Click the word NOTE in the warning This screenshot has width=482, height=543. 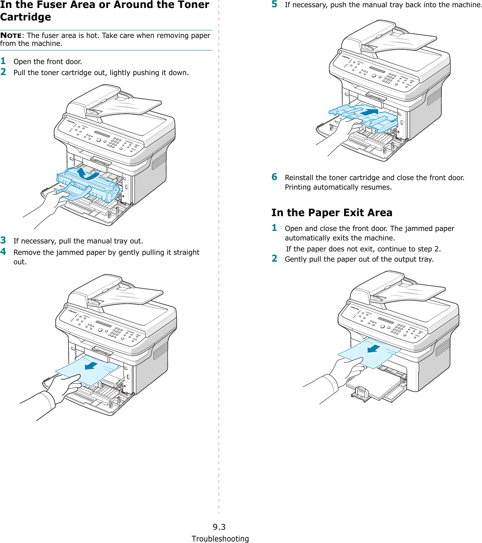pyautogui.click(x=11, y=36)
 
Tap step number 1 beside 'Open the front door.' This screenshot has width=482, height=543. pyautogui.click(x=3, y=61)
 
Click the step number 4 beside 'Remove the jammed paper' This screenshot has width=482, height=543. pyautogui.click(x=3, y=252)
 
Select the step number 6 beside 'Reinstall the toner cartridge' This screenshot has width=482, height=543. pyautogui.click(x=274, y=177)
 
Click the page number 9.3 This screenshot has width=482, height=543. pyautogui.click(x=219, y=527)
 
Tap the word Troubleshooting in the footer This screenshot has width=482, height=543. pyautogui.click(x=220, y=539)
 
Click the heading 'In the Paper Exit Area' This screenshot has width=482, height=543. pyautogui.click(x=332, y=213)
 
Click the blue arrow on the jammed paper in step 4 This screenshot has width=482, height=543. pyautogui.click(x=91, y=366)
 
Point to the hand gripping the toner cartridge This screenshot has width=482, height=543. pyautogui.click(x=53, y=199)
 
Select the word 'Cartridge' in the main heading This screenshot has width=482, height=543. pyautogui.click(x=26, y=17)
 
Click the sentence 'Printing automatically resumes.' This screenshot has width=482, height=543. pyautogui.click(x=338, y=187)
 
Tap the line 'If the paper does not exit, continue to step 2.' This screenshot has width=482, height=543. pyautogui.click(x=363, y=249)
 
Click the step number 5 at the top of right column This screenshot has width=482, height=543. pyautogui.click(x=274, y=4)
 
